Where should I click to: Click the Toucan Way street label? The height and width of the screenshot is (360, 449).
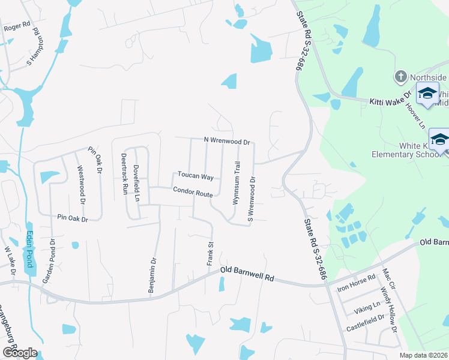[x=196, y=176]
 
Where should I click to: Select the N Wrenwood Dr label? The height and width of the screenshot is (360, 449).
[x=226, y=141]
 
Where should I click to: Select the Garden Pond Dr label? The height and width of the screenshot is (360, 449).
[x=49, y=262]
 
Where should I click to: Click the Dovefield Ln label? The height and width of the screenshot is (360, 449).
[x=136, y=182]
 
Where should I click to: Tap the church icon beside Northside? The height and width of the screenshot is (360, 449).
[x=400, y=77]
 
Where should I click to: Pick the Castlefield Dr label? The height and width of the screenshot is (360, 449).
[x=365, y=328]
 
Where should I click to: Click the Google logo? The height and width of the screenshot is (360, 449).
[x=19, y=353]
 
